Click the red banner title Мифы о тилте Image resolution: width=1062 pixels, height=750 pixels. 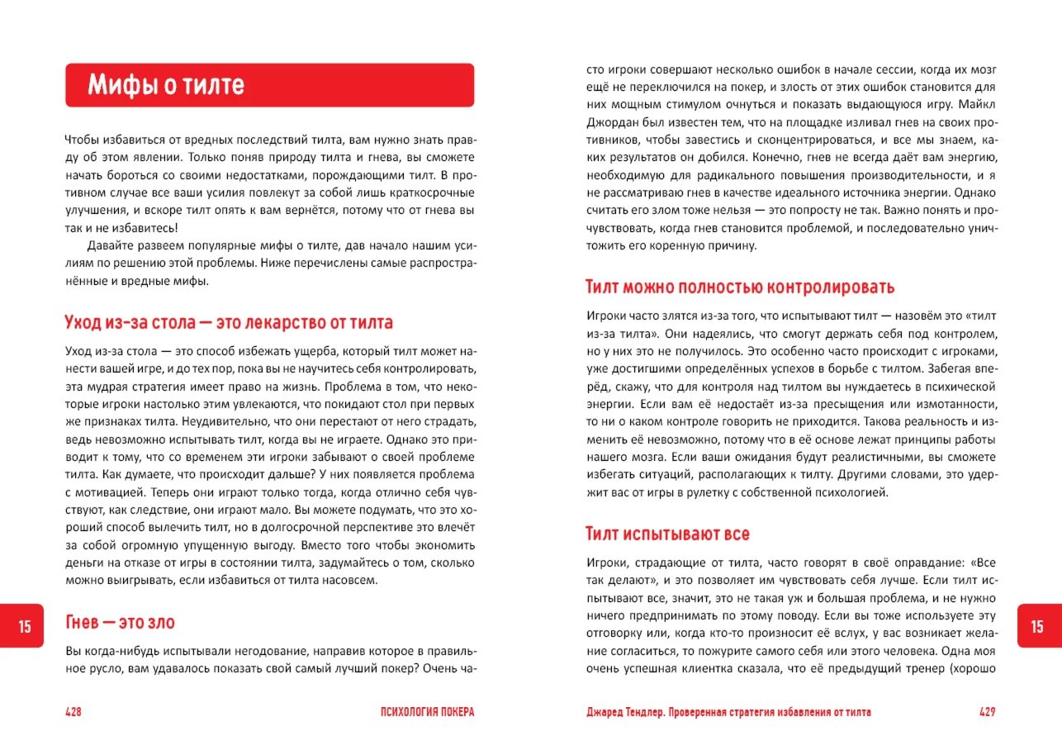[166, 85]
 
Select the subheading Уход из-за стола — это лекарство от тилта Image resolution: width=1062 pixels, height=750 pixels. [229, 322]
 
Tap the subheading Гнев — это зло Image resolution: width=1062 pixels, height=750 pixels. [120, 622]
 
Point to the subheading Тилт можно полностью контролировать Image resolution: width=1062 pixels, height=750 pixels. [740, 287]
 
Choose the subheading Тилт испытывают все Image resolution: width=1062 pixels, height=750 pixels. [667, 534]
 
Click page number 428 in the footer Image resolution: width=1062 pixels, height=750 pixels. [73, 712]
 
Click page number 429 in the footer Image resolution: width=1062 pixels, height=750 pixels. [988, 712]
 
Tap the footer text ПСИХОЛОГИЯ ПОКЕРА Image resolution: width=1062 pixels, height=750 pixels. [427, 712]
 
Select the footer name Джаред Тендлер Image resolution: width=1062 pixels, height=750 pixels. [624, 712]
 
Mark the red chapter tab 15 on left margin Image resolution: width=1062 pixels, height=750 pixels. [25, 627]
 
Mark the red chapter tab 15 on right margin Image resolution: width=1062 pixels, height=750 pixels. [1037, 627]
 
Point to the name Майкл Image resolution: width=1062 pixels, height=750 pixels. [979, 105]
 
